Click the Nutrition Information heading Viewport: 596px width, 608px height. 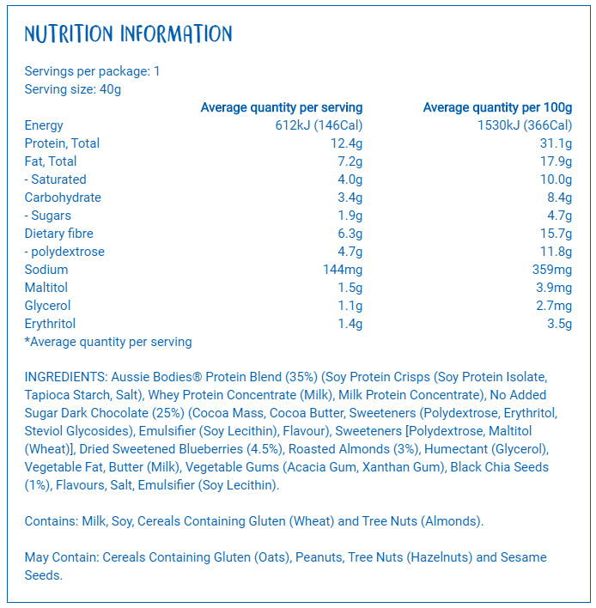click(x=128, y=34)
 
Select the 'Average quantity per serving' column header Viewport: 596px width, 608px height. click(x=281, y=107)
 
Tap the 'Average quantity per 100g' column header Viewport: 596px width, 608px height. click(x=497, y=107)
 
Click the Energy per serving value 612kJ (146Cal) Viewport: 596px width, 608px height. click(x=315, y=125)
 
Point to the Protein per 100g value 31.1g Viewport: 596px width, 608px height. click(x=556, y=143)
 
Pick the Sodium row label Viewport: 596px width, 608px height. click(x=46, y=270)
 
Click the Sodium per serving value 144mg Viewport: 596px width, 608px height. click(x=342, y=270)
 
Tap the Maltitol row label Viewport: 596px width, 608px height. click(x=46, y=288)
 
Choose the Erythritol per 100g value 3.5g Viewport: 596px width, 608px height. click(x=559, y=324)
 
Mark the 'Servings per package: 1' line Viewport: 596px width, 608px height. click(x=93, y=71)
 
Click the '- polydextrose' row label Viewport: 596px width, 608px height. click(x=64, y=252)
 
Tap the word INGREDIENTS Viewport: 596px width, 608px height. click(x=65, y=377)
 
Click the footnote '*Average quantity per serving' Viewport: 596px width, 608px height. click(x=108, y=342)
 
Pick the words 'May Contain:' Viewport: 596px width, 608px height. click(x=62, y=557)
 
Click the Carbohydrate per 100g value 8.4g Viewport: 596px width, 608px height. click(x=559, y=198)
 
